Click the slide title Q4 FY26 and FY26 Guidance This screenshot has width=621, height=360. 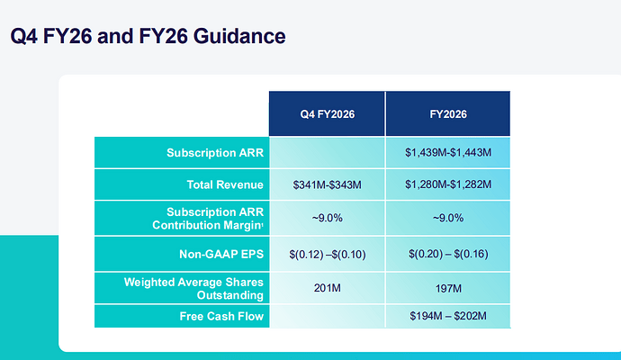pyautogui.click(x=148, y=37)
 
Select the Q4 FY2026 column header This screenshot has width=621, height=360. pyautogui.click(x=327, y=114)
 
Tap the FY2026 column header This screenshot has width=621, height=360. pyautogui.click(x=448, y=114)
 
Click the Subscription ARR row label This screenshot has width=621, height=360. pyautogui.click(x=215, y=153)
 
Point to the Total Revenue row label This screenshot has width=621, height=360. pyautogui.click(x=224, y=185)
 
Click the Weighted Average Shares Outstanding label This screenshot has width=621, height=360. pyautogui.click(x=193, y=289)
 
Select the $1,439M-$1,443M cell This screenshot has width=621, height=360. pyautogui.click(x=448, y=153)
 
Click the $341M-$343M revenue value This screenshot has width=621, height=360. pyautogui.click(x=327, y=185)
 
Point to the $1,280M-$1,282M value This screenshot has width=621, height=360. pyautogui.click(x=448, y=185)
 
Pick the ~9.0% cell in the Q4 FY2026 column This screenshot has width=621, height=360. pyautogui.click(x=327, y=219)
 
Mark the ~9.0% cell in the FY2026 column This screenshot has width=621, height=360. pyautogui.click(x=448, y=219)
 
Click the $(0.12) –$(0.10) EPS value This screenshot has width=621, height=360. pyautogui.click(x=327, y=255)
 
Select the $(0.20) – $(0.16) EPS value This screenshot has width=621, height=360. pyautogui.click(x=448, y=255)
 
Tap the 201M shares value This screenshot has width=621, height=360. pyautogui.click(x=327, y=289)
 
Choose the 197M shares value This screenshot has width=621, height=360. pyautogui.click(x=448, y=289)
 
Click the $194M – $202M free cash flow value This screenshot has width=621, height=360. pyautogui.click(x=448, y=316)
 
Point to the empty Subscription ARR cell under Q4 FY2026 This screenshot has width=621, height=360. pyautogui.click(x=327, y=153)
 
